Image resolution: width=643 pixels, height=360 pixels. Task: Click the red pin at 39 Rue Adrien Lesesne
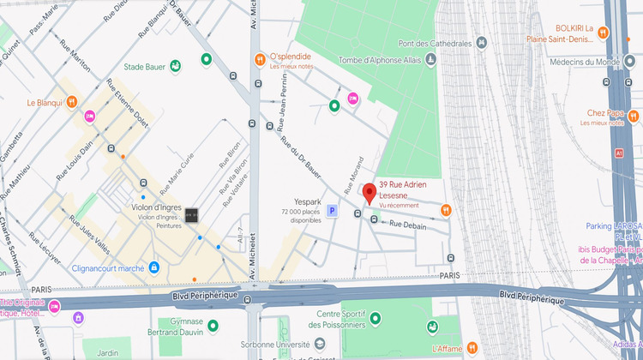pyautogui.click(x=370, y=192)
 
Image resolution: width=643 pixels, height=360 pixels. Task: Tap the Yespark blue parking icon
pyautogui.click(x=332, y=211)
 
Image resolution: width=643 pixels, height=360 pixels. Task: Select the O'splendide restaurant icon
pyautogui.click(x=259, y=59)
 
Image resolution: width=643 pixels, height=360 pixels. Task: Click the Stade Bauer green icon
pyautogui.click(x=175, y=65)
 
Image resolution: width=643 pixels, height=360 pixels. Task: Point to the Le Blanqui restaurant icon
pyautogui.click(x=71, y=102)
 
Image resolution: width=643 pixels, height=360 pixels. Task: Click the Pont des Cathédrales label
pyautogui.click(x=436, y=43)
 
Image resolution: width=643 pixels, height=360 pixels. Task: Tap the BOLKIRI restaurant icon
pyautogui.click(x=604, y=33)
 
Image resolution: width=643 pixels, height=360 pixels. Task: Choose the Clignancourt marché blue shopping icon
pyautogui.click(x=153, y=267)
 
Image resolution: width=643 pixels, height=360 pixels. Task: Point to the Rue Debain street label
pyautogui.click(x=408, y=225)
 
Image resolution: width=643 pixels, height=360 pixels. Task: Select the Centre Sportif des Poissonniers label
pyautogui.click(x=341, y=320)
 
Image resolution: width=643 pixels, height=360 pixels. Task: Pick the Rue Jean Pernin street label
pyautogui.click(x=285, y=112)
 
